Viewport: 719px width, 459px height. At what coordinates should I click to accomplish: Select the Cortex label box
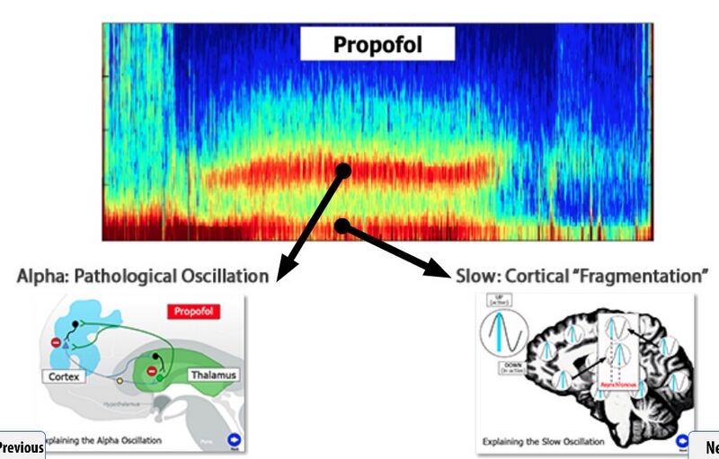pos(63,376)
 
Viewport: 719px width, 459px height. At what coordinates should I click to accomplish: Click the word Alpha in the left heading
pos(39,275)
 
